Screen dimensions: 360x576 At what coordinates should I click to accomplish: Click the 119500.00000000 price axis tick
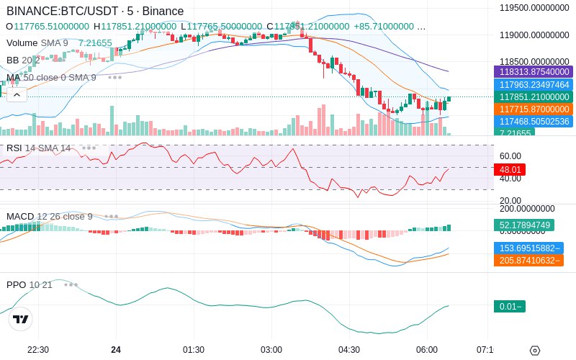click(x=535, y=8)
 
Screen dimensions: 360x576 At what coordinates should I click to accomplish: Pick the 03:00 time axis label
click(x=271, y=349)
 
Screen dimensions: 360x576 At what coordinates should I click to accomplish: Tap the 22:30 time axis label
click(x=38, y=349)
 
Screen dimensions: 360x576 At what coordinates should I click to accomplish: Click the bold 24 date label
click(x=116, y=349)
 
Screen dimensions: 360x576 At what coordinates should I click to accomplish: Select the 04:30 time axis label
click(x=348, y=349)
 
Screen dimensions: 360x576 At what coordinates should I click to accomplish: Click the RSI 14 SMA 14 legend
click(x=39, y=148)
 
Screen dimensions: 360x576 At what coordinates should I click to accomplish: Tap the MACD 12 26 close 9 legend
click(x=50, y=216)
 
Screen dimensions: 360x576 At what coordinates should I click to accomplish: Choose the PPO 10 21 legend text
click(x=30, y=284)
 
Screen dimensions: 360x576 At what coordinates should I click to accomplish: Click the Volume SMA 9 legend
click(x=37, y=42)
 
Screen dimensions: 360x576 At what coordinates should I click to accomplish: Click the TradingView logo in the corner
click(x=21, y=319)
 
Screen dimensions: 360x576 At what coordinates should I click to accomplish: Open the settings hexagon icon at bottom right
click(x=534, y=351)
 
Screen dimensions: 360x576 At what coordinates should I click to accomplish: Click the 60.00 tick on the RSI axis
click(x=510, y=156)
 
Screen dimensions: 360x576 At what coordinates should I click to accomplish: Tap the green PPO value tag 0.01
click(x=509, y=306)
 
